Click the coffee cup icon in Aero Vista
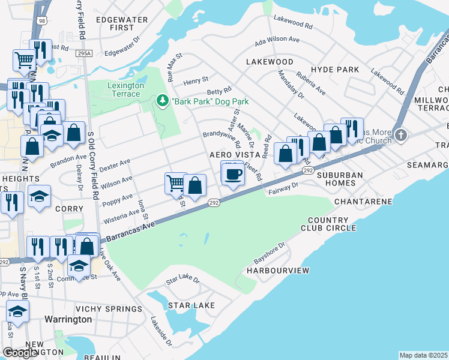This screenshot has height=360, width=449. tap(233, 175)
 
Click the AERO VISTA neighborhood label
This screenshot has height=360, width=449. tap(234, 155)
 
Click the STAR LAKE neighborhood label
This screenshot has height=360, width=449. tap(191, 305)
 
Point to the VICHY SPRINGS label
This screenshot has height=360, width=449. tap(113, 308)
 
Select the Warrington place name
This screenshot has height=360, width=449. tap(68, 319)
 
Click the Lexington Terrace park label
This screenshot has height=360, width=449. tap(125, 90)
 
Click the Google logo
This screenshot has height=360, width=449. tap(20, 352)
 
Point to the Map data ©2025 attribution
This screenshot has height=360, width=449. tap(424, 355)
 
